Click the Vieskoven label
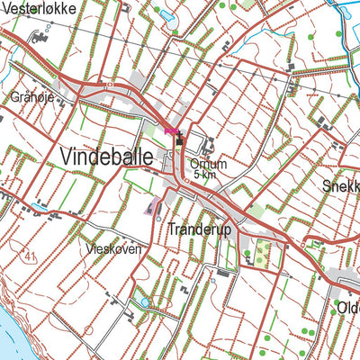click(x=114, y=248)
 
